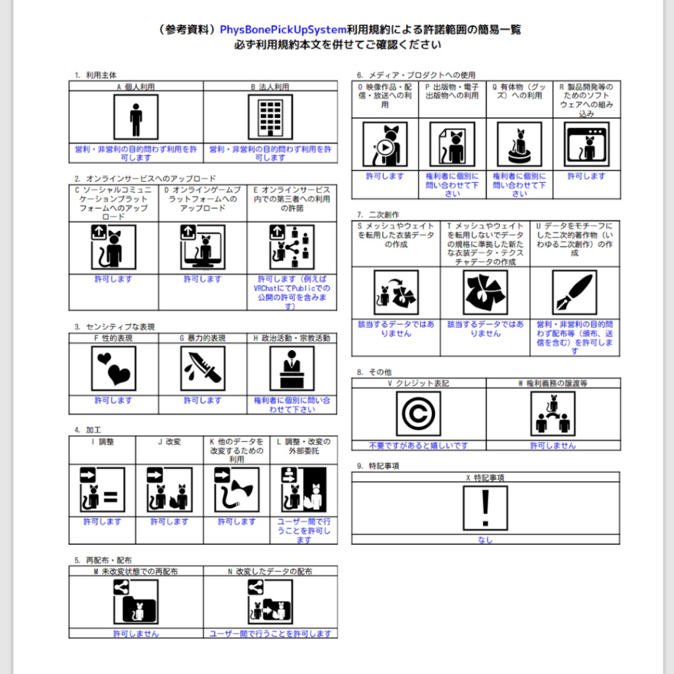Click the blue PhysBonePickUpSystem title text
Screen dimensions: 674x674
[x=282, y=30]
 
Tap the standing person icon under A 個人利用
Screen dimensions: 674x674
[x=136, y=117]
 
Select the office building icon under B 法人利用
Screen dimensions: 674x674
[x=270, y=117]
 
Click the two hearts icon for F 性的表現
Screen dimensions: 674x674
[x=113, y=369]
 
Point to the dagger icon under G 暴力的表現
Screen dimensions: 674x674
[x=202, y=369]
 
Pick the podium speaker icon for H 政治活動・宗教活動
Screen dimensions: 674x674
[x=292, y=369]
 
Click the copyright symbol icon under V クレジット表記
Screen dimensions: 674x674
[x=419, y=414]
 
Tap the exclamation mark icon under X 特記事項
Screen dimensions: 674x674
[x=485, y=508]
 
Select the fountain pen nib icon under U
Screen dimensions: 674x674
[x=574, y=293]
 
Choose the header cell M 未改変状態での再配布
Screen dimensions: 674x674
[x=136, y=571]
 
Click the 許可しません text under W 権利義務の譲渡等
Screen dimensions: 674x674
[x=553, y=446]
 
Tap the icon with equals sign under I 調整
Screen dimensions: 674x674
[x=102, y=490]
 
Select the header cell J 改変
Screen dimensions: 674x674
[x=169, y=442]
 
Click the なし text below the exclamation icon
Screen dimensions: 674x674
[x=485, y=540]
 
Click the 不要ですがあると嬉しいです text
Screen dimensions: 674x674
[x=419, y=446]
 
